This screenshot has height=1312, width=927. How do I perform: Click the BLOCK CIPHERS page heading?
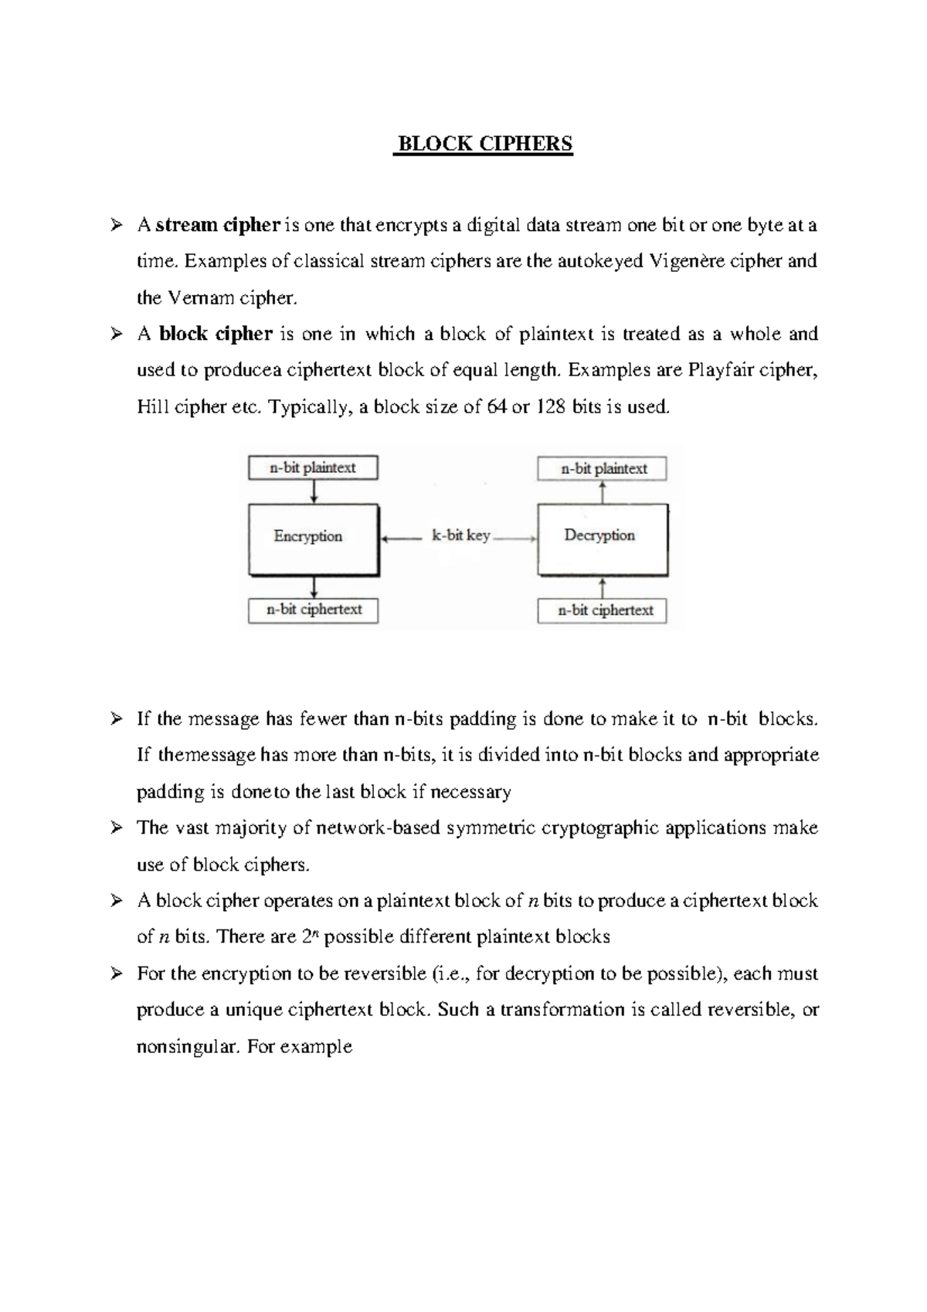pos(484,144)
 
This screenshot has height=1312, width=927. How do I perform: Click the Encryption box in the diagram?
pos(313,539)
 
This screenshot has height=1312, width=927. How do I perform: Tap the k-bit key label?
pos(460,535)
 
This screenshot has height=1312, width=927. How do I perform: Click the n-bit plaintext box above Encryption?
pos(313,467)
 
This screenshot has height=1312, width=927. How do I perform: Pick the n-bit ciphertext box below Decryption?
pos(602,610)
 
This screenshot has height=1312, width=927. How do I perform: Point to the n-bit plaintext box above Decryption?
pos(602,468)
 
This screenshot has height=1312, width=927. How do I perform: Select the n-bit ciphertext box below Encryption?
pos(314,609)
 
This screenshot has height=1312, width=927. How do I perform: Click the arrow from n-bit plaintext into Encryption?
pos(314,491)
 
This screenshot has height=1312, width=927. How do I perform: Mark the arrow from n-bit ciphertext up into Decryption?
pos(603,587)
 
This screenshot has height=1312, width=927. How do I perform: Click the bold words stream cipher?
pos(217,225)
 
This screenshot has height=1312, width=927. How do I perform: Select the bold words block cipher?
pos(216,334)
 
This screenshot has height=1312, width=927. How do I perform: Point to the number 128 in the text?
pos(551,406)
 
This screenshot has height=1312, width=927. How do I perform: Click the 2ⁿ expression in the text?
pos(310,936)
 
